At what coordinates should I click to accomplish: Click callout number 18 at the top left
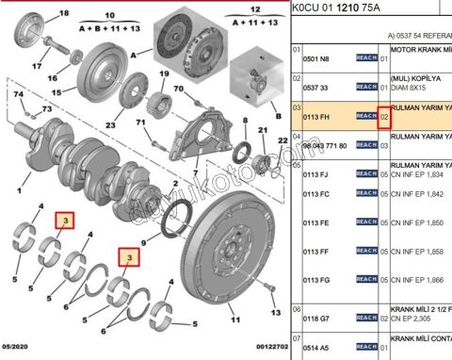(x=63, y=15)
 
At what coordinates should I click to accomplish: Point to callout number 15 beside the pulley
(x=56, y=92)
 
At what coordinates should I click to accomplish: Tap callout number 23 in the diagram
(x=110, y=125)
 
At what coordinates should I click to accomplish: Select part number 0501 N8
(x=315, y=58)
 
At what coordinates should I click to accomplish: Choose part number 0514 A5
(x=315, y=348)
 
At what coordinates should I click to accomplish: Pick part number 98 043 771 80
(x=324, y=146)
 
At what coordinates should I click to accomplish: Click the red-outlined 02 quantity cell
(x=384, y=115)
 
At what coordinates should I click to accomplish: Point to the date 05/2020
(x=18, y=348)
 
